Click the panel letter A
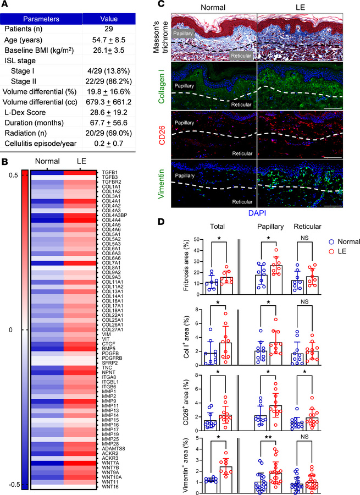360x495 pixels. [7, 5]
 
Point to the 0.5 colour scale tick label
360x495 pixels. [12, 174]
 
